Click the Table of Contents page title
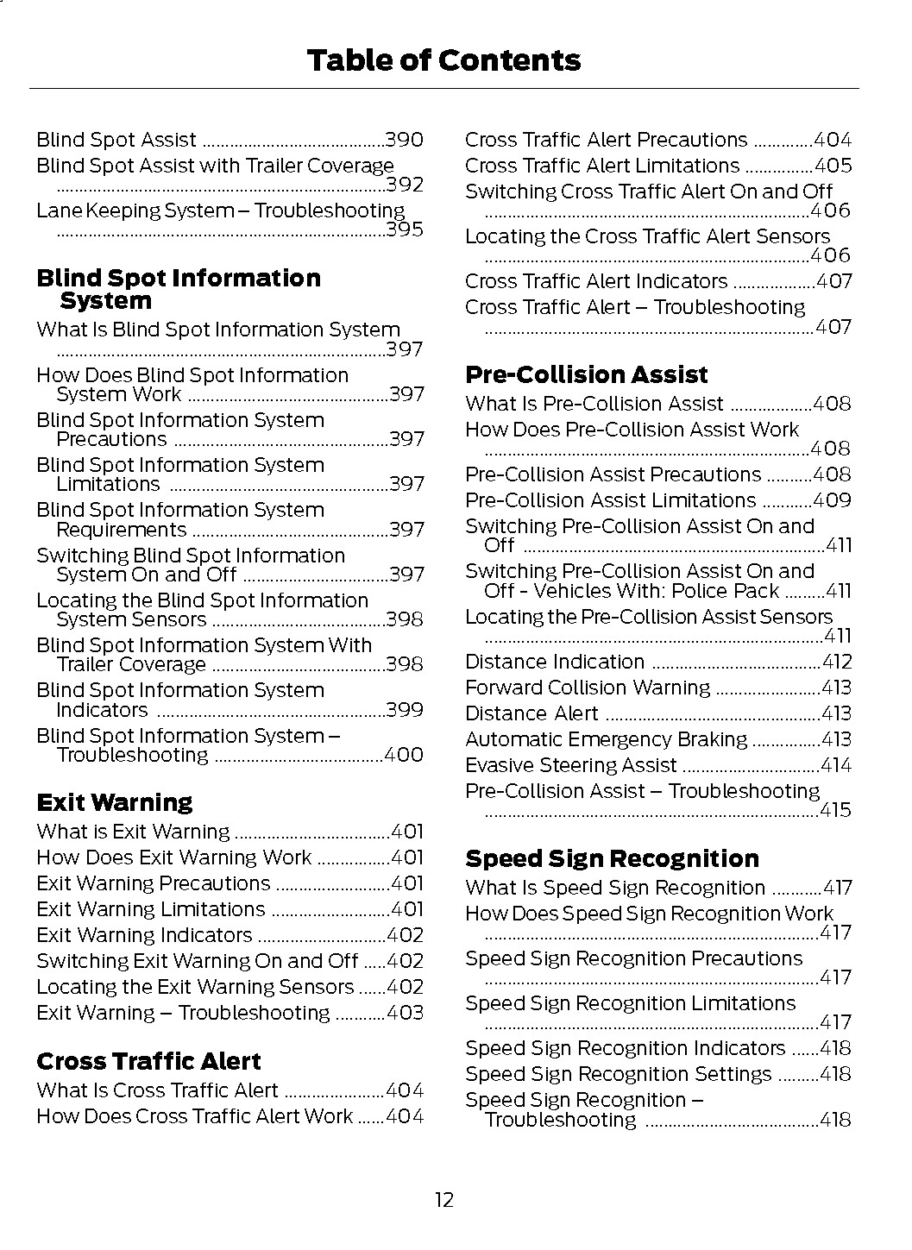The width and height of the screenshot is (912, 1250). (x=443, y=60)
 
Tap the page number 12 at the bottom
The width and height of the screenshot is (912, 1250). (x=443, y=1199)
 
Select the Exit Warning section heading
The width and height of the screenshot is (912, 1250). (x=115, y=802)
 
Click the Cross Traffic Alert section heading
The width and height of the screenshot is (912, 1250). (x=148, y=1061)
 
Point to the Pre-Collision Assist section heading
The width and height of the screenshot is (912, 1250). (x=586, y=374)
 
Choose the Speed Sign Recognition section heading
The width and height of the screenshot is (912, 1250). (x=612, y=858)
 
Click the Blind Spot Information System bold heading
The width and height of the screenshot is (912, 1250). (x=178, y=289)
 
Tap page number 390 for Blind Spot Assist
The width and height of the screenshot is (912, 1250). (x=404, y=140)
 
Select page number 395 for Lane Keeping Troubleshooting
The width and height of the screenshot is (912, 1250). (x=404, y=229)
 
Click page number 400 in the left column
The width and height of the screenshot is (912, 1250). (x=404, y=755)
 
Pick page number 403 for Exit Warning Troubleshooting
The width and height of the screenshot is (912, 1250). (x=405, y=1013)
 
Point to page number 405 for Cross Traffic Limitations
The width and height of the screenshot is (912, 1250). (x=833, y=166)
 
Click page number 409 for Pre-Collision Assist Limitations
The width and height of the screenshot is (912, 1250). (x=833, y=500)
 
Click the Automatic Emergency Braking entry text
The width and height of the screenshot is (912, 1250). (x=606, y=739)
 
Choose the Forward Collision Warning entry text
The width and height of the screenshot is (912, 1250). (x=588, y=688)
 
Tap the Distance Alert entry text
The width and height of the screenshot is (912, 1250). (x=531, y=713)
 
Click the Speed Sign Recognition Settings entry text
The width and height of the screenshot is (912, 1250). (x=618, y=1074)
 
